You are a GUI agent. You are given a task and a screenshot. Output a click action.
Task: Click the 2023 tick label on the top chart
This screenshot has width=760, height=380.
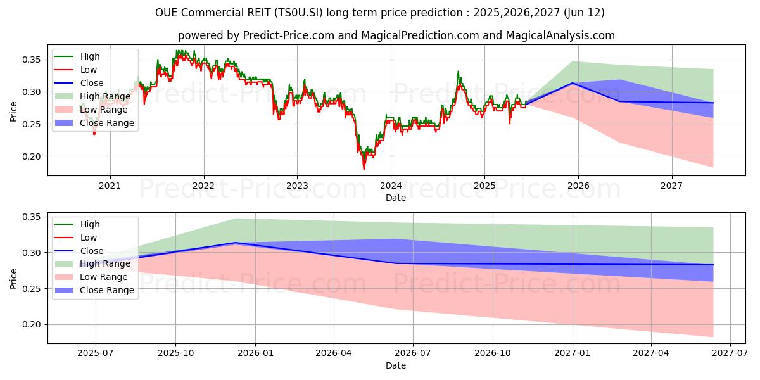pyautogui.click(x=297, y=185)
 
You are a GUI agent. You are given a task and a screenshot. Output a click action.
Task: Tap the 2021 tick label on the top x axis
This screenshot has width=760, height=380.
pyautogui.click(x=110, y=185)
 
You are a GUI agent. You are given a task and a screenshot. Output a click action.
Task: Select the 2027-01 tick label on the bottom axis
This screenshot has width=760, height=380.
pyautogui.click(x=573, y=353)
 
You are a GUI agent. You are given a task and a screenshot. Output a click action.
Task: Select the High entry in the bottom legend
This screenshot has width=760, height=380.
pyautogui.click(x=89, y=224)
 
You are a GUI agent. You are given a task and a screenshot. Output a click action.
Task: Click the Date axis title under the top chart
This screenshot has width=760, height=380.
pyautogui.click(x=396, y=198)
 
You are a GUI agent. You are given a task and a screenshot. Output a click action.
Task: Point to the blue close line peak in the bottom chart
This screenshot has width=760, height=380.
pyautogui.click(x=236, y=243)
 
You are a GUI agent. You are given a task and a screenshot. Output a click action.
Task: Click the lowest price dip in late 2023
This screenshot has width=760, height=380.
pyautogui.click(x=364, y=168)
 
